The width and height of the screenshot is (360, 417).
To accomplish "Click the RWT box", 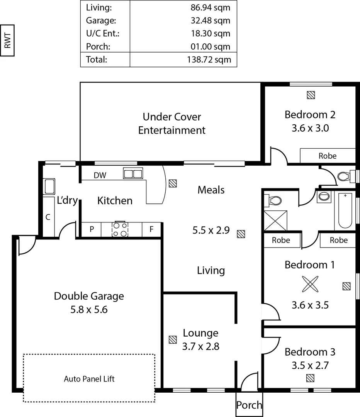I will [x=7, y=40].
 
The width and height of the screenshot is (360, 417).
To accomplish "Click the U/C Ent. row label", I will [x=103, y=34].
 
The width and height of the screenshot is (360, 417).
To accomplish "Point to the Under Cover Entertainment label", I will [x=172, y=124].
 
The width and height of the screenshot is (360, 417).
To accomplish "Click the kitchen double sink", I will [x=133, y=173].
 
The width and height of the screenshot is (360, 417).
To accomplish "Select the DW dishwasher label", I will [x=100, y=175].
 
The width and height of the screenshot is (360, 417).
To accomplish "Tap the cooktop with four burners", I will [x=120, y=229].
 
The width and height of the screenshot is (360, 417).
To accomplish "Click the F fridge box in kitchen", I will [x=151, y=229].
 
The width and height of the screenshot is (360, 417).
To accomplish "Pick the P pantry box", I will [x=92, y=229].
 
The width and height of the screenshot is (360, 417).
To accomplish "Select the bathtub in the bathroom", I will [x=345, y=210].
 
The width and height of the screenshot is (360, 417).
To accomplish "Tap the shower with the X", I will [x=276, y=220].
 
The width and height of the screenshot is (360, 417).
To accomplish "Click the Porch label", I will [x=249, y=405].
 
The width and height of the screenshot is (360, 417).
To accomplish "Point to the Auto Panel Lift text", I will [x=89, y=378].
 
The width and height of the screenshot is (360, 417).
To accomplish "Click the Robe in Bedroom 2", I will [x=327, y=156].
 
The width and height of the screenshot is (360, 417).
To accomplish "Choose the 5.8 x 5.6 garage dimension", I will [x=89, y=309].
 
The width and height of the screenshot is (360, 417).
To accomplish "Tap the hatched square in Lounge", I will [x=172, y=340].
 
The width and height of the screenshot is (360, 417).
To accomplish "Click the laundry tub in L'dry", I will [x=49, y=186].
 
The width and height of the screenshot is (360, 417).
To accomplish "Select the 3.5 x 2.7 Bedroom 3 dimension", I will [x=310, y=365].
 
